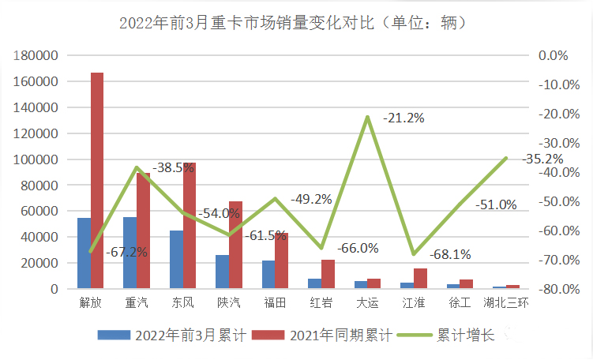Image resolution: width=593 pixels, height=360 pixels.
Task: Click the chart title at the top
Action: coord(296,22)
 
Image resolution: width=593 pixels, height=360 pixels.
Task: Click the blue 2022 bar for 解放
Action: coord(84,253)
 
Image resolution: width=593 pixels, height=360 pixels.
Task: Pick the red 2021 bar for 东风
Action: coord(190,226)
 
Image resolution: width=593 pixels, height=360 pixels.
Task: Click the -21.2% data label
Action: coord(403,118)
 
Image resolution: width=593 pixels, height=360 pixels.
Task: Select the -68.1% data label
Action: coord(450,254)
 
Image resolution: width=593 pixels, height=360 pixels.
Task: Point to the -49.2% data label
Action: coord(311,199)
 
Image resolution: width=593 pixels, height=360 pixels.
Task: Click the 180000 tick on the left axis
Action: coord(37,56)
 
